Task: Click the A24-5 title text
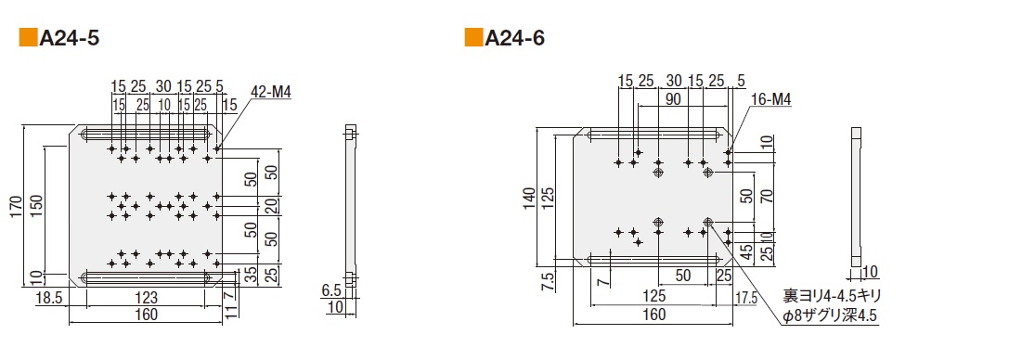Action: (x=69, y=39)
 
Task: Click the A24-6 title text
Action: (x=514, y=38)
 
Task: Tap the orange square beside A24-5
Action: (x=28, y=38)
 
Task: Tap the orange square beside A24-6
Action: (x=472, y=38)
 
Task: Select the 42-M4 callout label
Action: (x=270, y=93)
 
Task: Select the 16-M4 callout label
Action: (x=771, y=99)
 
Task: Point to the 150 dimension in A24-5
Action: (x=37, y=206)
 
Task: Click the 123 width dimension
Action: (x=146, y=298)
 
